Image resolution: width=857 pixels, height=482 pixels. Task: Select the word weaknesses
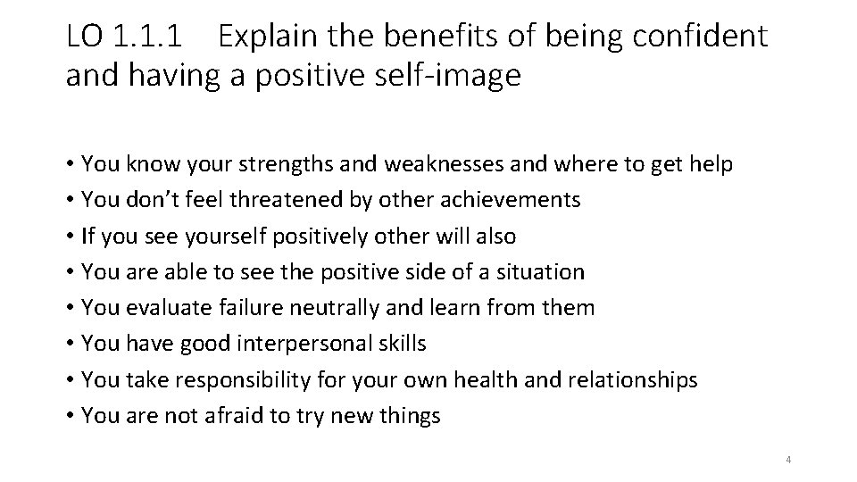[x=427, y=164]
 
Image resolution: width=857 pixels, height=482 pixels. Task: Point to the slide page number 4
[x=789, y=460]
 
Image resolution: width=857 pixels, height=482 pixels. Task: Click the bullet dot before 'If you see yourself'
[x=70, y=237]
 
